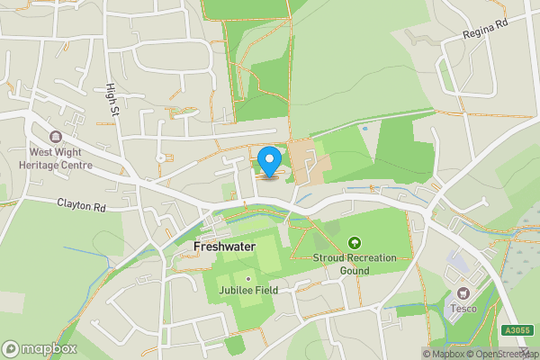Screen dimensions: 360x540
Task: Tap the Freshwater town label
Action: click(224, 245)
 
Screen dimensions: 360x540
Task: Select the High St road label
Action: click(112, 91)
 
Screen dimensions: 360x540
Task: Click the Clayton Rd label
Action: click(82, 206)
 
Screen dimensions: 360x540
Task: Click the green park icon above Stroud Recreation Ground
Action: click(355, 243)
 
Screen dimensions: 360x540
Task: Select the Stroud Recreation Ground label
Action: click(355, 264)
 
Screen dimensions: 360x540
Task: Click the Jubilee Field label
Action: click(247, 290)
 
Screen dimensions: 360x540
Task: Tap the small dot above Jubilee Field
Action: click(248, 278)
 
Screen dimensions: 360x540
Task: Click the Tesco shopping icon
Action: click(463, 294)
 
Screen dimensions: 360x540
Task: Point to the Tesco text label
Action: click(463, 309)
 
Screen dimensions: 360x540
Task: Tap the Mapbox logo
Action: click(40, 348)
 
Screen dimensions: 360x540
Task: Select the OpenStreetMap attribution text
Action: click(509, 354)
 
